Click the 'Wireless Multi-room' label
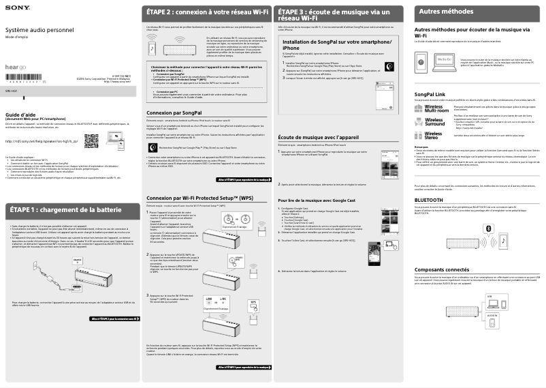tap(434, 108)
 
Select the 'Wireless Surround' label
tap(434, 121)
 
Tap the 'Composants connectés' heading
tap(442, 270)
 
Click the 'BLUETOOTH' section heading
tap(429, 200)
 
